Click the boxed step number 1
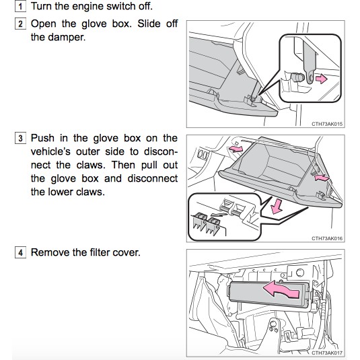(20, 6)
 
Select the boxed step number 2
(20, 24)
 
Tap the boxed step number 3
(20, 138)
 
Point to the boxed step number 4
(20, 252)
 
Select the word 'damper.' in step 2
(67, 37)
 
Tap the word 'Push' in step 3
(42, 138)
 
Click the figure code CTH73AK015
(327, 124)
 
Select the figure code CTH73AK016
(327, 238)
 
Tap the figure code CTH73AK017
(327, 353)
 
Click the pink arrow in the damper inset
(321, 79)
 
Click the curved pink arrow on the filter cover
(281, 291)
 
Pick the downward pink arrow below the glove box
(277, 207)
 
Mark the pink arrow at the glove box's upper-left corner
(236, 149)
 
